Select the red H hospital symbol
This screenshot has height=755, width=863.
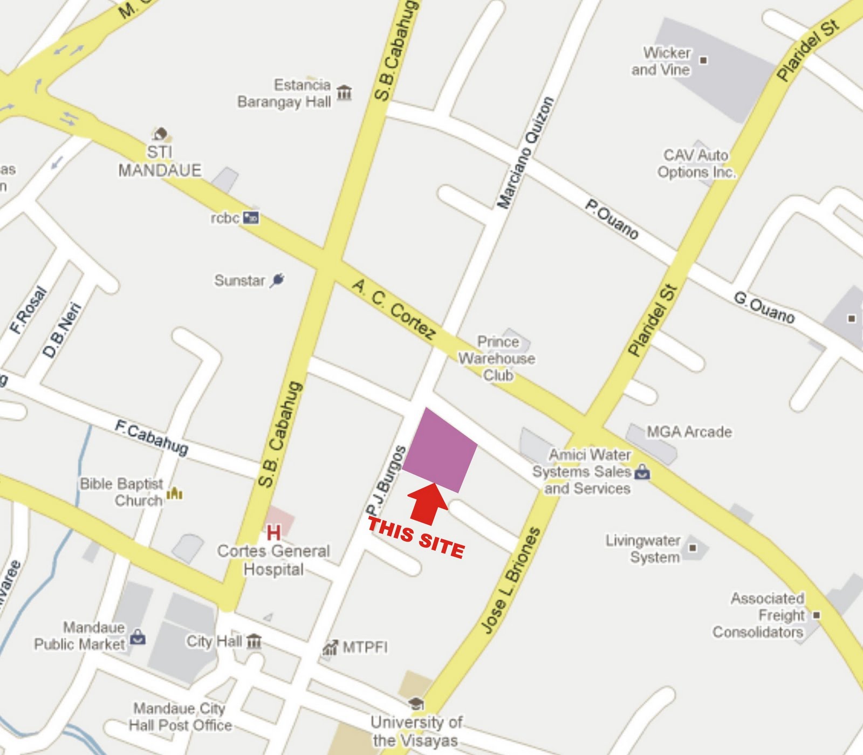click(x=273, y=533)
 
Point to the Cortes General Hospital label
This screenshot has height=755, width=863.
click(x=273, y=560)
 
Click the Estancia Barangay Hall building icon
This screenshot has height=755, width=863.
click(x=344, y=92)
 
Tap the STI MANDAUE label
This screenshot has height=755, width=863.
click(x=160, y=161)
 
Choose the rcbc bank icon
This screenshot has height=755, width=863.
click(x=251, y=218)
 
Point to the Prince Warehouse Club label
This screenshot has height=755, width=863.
click(x=497, y=358)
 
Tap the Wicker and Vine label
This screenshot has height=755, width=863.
click(x=661, y=61)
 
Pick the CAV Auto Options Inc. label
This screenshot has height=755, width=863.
click(x=696, y=163)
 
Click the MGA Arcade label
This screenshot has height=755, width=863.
click(x=689, y=431)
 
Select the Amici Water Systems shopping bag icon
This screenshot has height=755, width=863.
click(x=642, y=472)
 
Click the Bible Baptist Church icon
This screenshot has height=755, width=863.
click(x=174, y=493)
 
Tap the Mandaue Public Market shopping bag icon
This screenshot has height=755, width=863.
click(x=138, y=637)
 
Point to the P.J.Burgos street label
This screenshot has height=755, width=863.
click(x=385, y=481)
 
